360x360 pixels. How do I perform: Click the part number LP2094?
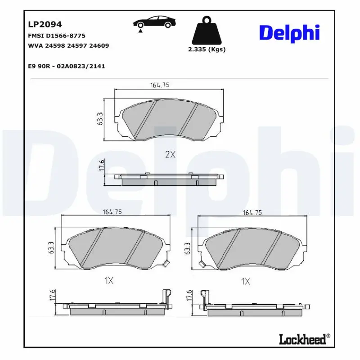tap(45, 24)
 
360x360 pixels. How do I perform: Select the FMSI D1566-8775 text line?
tap(57, 36)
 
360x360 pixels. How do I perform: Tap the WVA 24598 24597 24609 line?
tap(68, 46)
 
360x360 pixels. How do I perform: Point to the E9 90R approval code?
tap(66, 66)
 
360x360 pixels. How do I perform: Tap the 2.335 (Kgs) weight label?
tap(207, 49)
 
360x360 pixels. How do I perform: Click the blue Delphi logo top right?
tap(289, 33)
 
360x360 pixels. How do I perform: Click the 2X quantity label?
tap(170, 154)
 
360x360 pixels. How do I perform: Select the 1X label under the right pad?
tap(245, 281)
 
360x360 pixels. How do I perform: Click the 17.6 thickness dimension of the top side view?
tap(101, 165)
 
